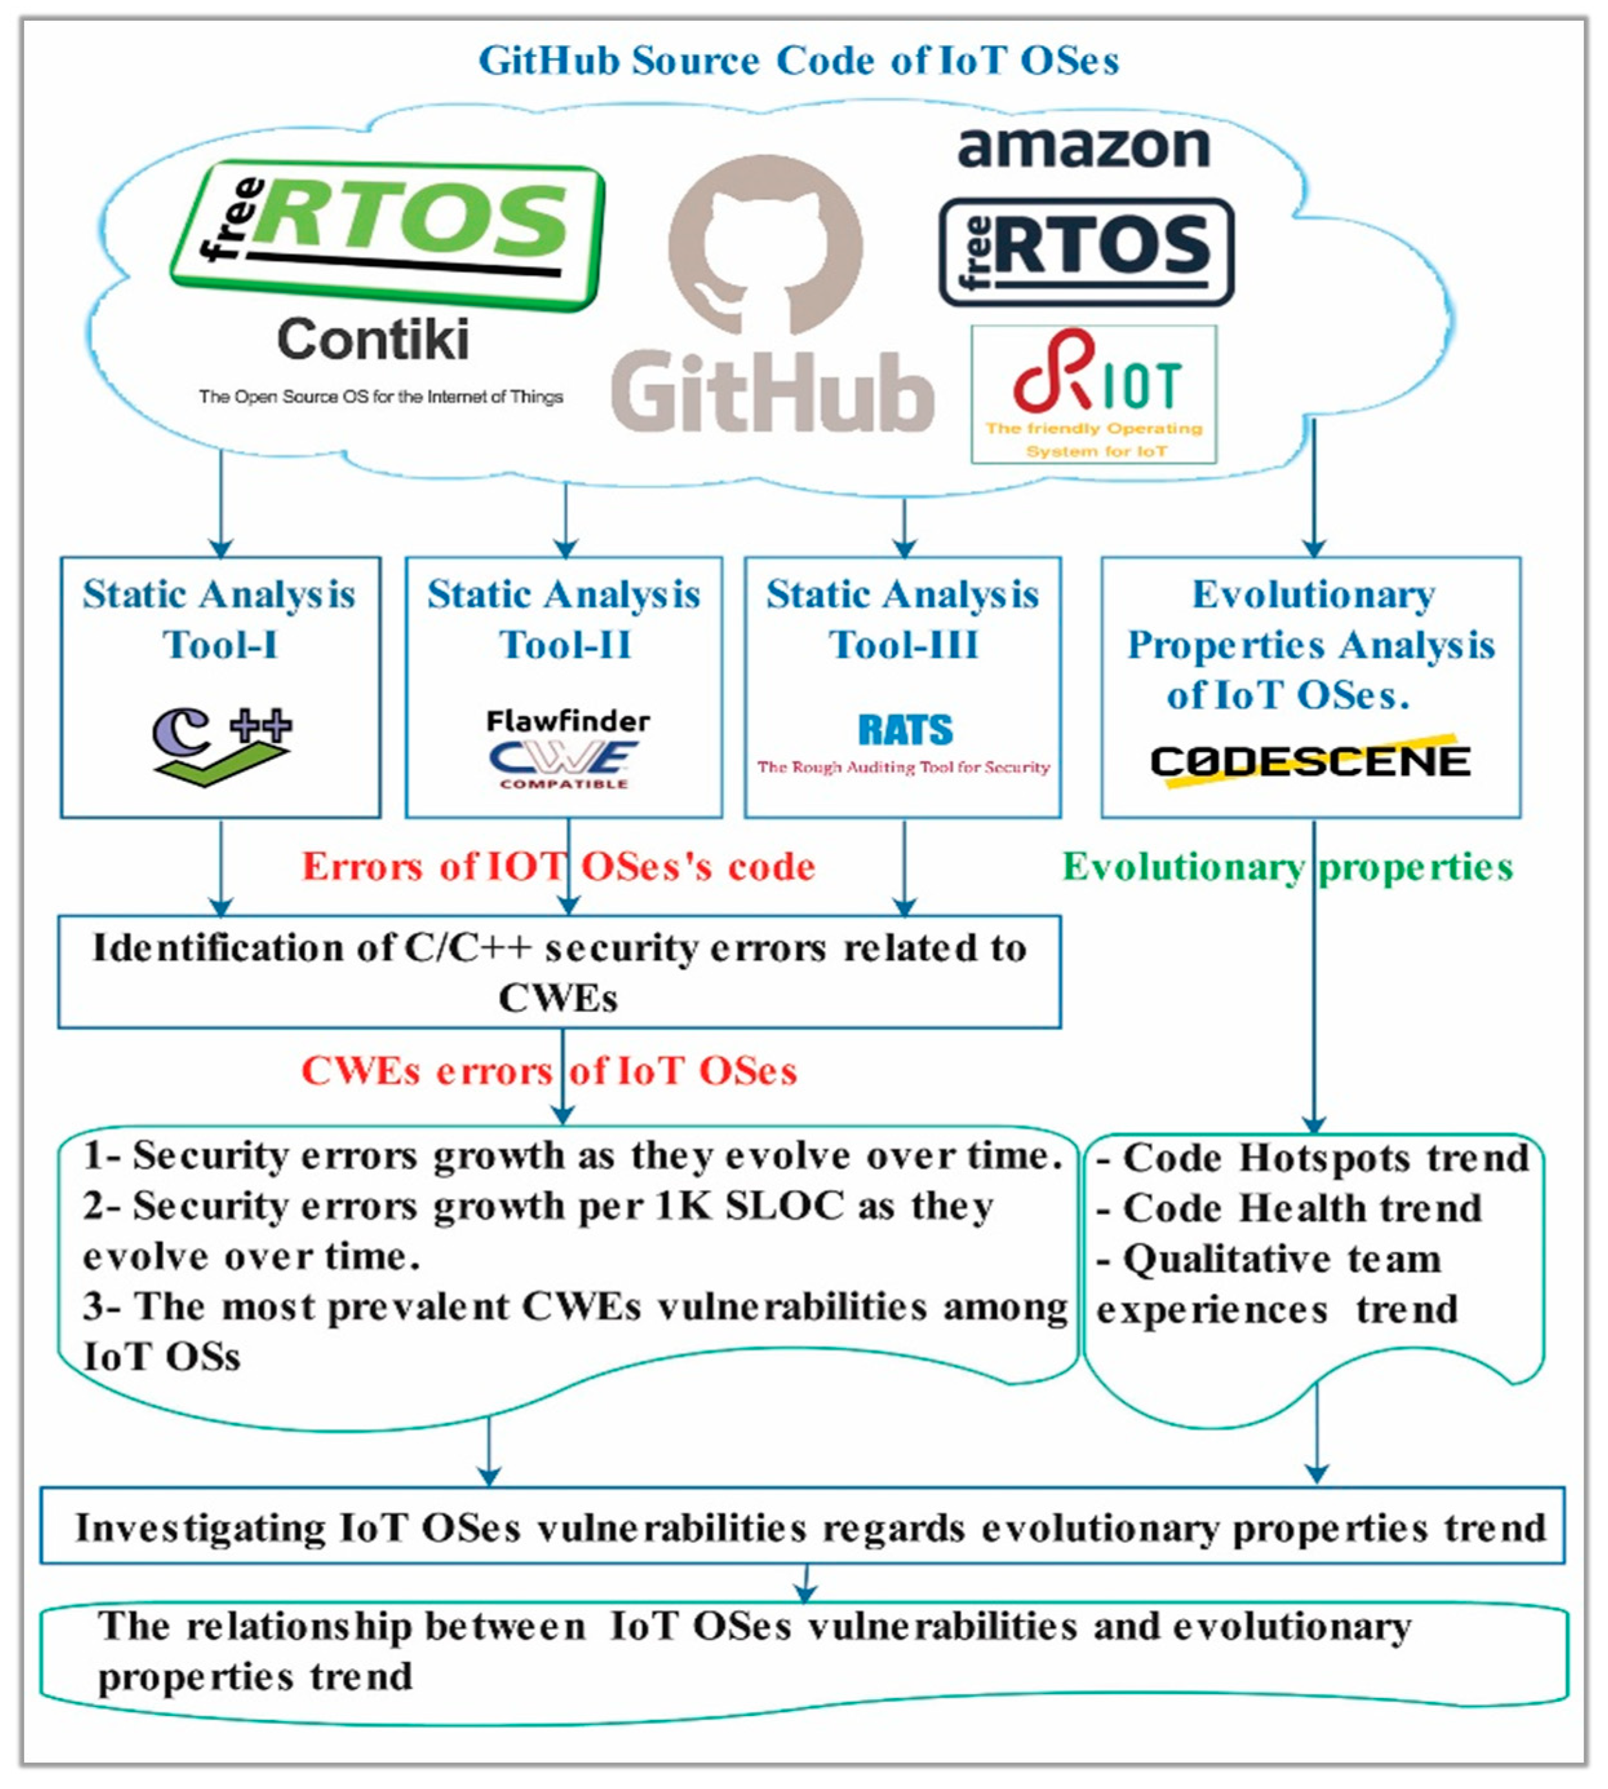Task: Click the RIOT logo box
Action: click(x=1094, y=394)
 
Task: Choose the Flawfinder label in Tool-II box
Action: click(x=567, y=721)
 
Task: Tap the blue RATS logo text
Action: click(x=906, y=730)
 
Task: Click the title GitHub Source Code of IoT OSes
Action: click(x=799, y=61)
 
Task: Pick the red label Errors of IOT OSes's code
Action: click(x=558, y=866)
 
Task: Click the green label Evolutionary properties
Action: click(x=1287, y=866)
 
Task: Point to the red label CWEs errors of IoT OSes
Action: click(x=549, y=1070)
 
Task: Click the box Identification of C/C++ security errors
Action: click(x=559, y=972)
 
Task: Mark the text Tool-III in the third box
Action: click(x=904, y=644)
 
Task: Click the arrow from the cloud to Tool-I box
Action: click(x=221, y=504)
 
